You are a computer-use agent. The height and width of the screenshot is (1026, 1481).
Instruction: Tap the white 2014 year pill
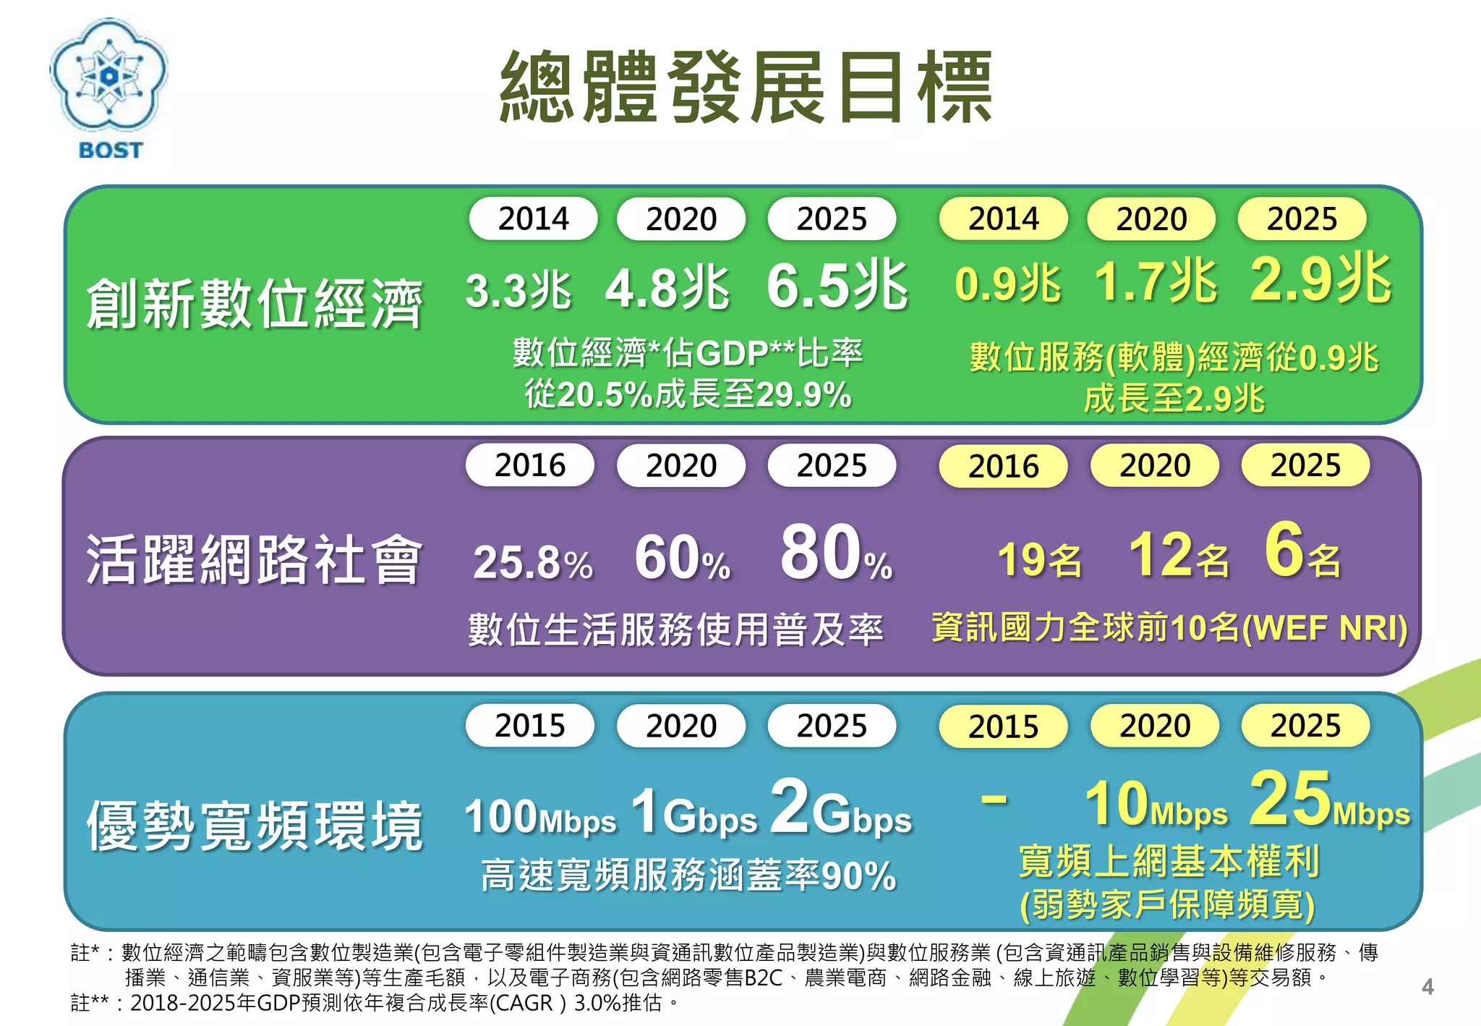(x=533, y=219)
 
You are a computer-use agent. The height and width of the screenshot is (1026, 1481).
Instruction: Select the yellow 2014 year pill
(x=1003, y=219)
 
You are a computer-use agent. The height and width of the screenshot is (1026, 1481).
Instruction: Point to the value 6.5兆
(x=836, y=286)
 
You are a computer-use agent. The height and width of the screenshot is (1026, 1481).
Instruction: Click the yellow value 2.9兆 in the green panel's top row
(x=1320, y=279)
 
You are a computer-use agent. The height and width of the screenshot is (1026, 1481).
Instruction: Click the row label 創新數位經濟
(x=254, y=304)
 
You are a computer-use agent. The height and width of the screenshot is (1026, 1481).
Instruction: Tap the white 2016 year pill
(x=530, y=465)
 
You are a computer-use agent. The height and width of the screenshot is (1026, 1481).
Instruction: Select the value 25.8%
(x=532, y=563)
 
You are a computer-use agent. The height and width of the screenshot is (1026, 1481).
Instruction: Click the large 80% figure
(x=836, y=554)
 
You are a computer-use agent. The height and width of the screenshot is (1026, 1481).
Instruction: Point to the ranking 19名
(x=1039, y=559)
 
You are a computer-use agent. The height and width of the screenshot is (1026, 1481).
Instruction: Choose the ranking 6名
(x=1302, y=551)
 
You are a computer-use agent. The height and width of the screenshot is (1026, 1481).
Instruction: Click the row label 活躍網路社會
(x=254, y=559)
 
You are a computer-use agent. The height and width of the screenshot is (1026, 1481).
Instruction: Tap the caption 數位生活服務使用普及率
(x=675, y=629)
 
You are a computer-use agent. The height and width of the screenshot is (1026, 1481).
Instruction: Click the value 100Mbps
(x=539, y=818)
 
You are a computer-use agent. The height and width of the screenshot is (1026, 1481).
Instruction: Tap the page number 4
(x=1427, y=987)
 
